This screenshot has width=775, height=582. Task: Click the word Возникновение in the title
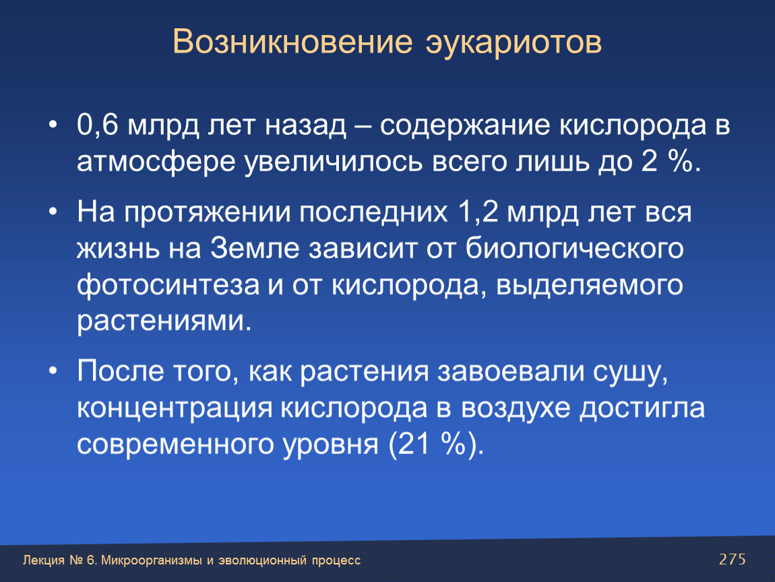[x=292, y=42]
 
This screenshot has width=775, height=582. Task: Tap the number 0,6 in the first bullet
[x=97, y=125]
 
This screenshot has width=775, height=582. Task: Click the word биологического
[x=574, y=248]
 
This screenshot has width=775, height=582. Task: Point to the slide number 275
[x=732, y=559]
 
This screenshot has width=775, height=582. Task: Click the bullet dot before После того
[x=53, y=371]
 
